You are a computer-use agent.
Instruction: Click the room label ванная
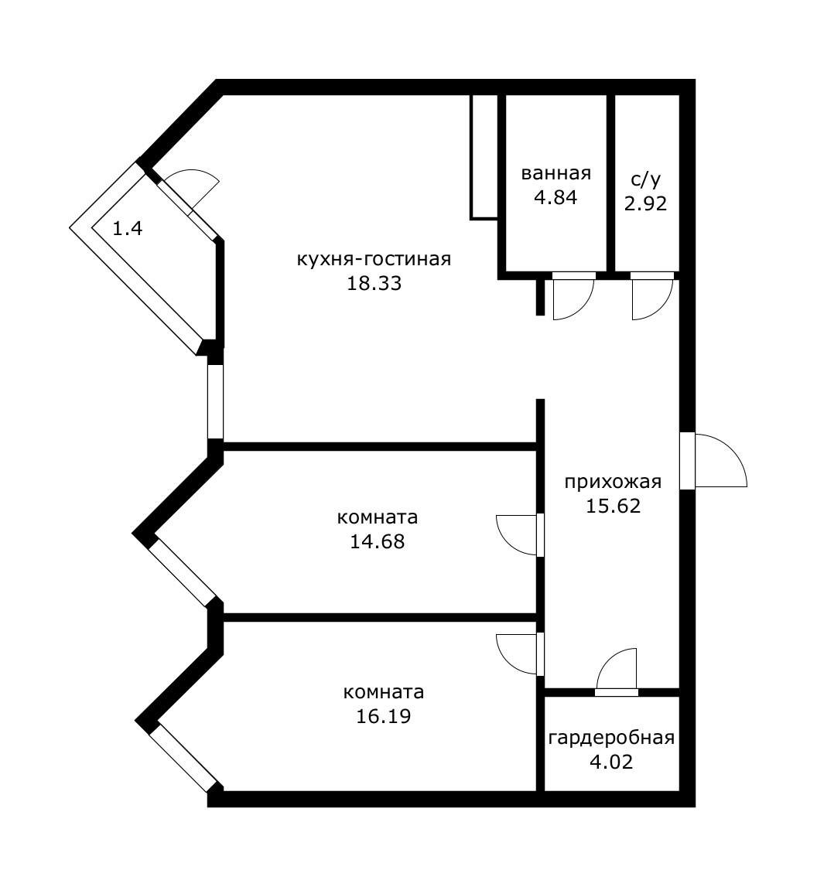[555, 173]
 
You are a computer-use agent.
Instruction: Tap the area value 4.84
[555, 197]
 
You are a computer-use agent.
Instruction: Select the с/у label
[646, 179]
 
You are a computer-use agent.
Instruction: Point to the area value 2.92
[646, 204]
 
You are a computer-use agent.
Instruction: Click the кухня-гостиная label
[374, 258]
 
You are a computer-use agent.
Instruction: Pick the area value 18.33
[374, 283]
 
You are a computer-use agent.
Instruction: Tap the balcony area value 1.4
[128, 228]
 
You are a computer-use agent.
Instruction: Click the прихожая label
[613, 482]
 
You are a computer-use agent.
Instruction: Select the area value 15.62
[613, 507]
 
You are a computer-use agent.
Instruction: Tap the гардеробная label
[611, 738]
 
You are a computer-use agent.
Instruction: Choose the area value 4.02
[611, 762]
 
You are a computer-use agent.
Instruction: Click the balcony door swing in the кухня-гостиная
[193, 188]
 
